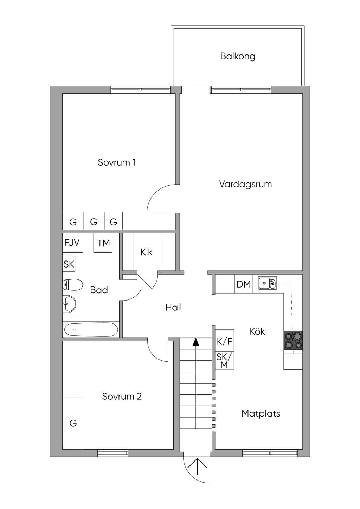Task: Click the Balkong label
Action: [238, 56]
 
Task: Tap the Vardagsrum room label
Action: [245, 184]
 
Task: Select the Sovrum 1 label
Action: [117, 162]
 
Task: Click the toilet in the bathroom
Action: [72, 284]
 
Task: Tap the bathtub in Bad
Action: [91, 329]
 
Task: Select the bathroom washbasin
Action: [70, 304]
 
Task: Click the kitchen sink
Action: [267, 283]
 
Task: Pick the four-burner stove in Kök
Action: [293, 340]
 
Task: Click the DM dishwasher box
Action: [244, 284]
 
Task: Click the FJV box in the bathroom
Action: [72, 243]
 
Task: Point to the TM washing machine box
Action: [103, 243]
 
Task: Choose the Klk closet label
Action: [146, 252]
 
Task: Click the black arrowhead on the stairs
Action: [196, 342]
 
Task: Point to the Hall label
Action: [174, 308]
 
